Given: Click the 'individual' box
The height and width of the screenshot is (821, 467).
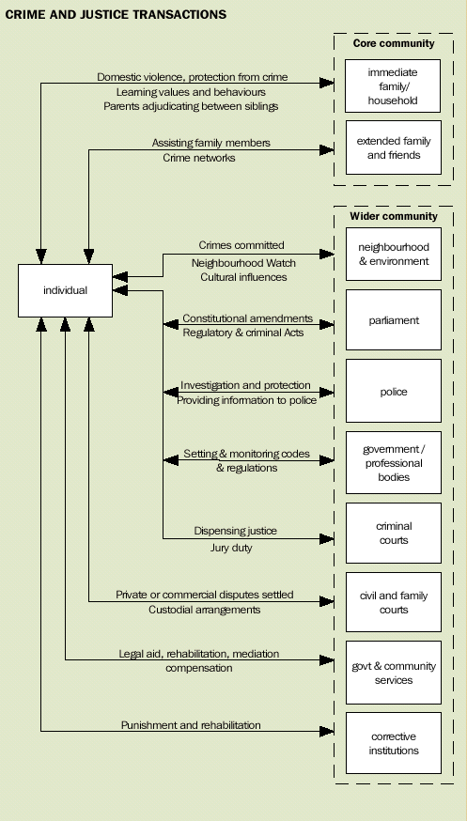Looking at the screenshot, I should [65, 290].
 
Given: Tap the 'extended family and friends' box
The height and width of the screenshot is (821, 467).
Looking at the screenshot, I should [393, 147].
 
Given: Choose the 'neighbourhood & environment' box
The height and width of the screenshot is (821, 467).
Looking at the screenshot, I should [393, 254].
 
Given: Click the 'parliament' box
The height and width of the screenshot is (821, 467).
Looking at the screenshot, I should [393, 321].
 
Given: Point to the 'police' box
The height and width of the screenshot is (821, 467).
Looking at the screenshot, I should [393, 392].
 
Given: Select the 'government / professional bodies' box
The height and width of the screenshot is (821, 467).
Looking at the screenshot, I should [393, 463].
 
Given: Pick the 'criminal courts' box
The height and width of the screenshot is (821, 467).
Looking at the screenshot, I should [393, 534].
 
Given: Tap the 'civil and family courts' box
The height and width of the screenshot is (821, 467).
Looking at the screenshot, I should [393, 603].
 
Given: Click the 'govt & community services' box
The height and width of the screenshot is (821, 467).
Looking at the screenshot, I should [393, 673].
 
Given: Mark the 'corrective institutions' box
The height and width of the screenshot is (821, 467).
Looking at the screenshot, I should [393, 743].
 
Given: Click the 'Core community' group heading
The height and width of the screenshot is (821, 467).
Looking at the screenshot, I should [393, 43].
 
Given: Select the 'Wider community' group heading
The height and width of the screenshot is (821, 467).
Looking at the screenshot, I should [393, 216].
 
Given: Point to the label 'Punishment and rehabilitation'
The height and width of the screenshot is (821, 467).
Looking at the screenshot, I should [191, 725].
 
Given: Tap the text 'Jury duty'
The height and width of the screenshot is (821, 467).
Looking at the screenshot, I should [224, 548].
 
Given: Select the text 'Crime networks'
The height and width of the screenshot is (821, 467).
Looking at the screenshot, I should [199, 158].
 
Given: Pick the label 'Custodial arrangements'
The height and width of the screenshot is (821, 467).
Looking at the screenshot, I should [204, 610].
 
